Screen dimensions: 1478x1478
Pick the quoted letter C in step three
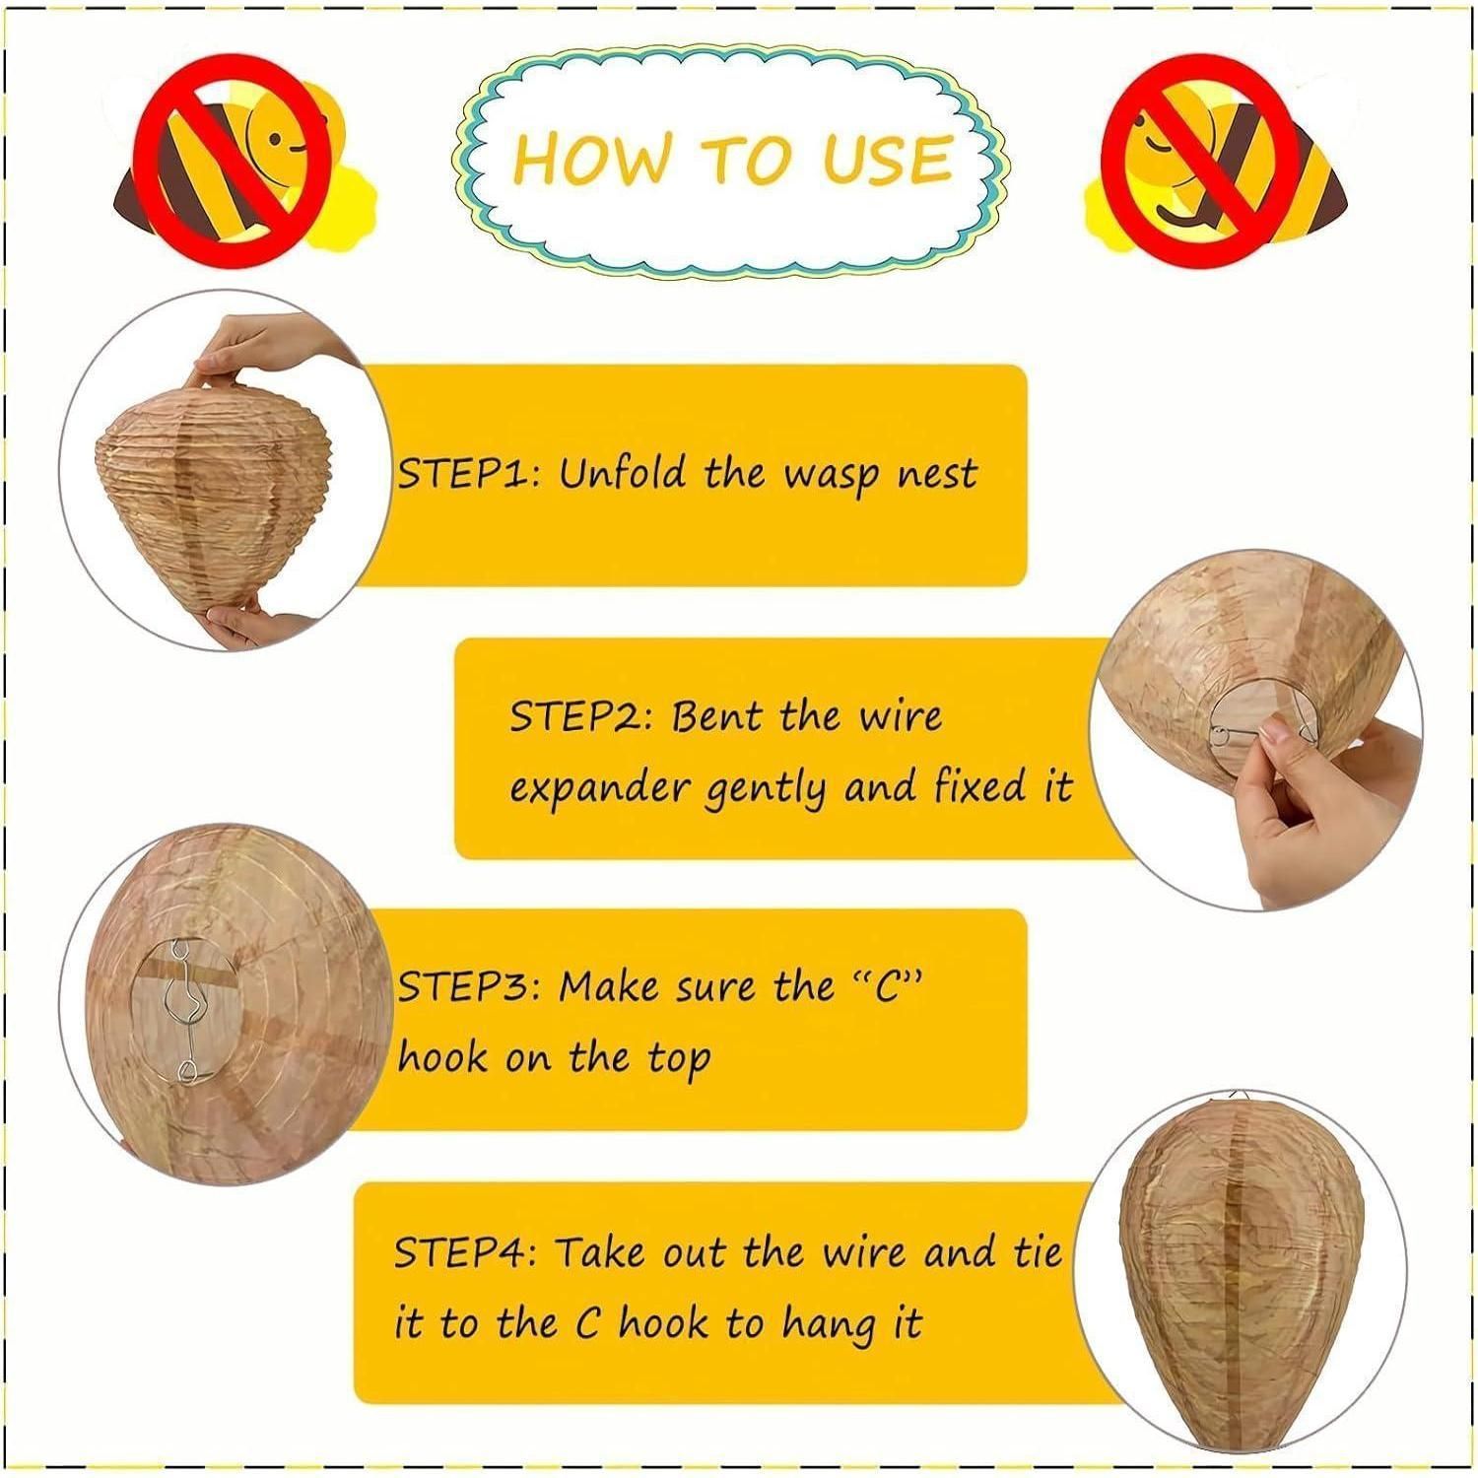[889, 986]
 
